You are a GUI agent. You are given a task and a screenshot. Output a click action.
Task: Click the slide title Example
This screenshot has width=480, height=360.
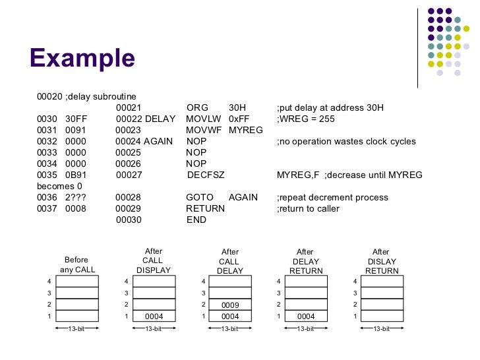[82, 58]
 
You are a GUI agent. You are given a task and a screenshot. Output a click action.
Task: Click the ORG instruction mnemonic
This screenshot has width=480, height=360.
[197, 107]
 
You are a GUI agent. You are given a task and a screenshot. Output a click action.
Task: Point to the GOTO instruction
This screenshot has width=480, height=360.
[200, 197]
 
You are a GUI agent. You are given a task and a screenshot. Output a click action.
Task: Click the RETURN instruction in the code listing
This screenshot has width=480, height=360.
[205, 208]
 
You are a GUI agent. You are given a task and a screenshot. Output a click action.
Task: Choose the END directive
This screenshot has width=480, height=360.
[196, 220]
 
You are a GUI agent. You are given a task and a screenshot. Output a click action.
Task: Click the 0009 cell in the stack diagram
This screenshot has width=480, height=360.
[229, 305]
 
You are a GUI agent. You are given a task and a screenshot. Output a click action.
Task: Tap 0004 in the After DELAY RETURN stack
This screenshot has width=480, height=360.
[306, 316]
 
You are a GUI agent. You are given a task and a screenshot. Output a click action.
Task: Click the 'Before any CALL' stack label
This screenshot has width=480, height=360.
[76, 264]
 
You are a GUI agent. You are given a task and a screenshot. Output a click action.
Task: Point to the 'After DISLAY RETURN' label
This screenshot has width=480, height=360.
[382, 261]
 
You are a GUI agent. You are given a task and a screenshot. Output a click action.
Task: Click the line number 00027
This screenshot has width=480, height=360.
[129, 175]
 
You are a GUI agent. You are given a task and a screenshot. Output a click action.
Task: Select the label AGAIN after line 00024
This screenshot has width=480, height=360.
[158, 141]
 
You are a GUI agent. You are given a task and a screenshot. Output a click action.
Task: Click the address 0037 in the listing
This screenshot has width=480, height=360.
[46, 208]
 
